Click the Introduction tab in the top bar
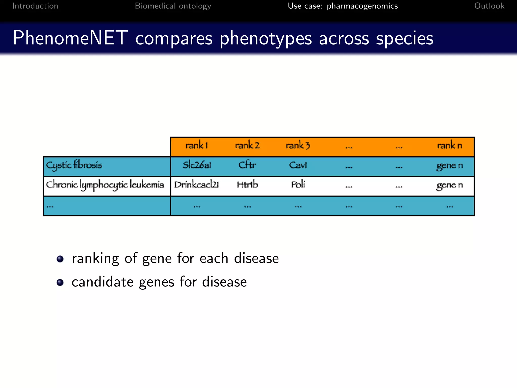tap(35, 6)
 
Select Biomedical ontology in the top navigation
tap(173, 6)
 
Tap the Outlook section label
tap(489, 6)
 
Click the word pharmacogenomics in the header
tap(362, 6)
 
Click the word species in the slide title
tap(404, 38)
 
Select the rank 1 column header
tap(196, 145)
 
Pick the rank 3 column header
tap(298, 145)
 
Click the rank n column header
tap(450, 145)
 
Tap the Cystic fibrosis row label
tap(74, 165)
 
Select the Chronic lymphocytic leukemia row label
tap(105, 185)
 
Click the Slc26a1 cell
tap(197, 165)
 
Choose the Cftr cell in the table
tap(247, 165)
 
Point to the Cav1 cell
tap(298, 165)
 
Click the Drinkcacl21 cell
tap(196, 185)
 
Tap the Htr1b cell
tap(247, 185)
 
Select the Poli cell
tap(298, 185)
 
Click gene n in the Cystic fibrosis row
tap(449, 166)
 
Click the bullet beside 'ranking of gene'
tap(60, 259)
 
